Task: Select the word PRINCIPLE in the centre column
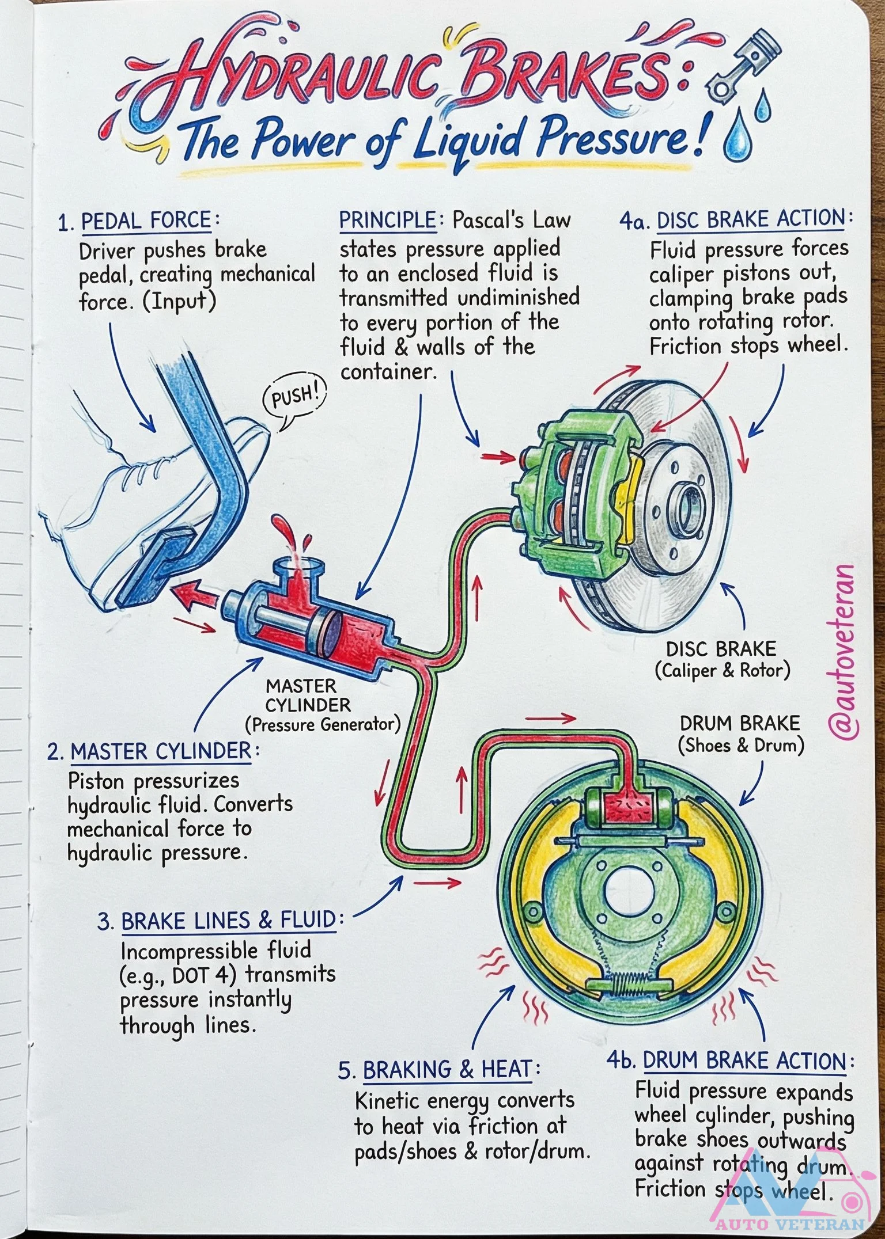387,220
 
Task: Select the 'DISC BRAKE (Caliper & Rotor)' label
721,660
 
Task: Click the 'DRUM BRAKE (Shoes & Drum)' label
740,734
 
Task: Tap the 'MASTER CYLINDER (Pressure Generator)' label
322,705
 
